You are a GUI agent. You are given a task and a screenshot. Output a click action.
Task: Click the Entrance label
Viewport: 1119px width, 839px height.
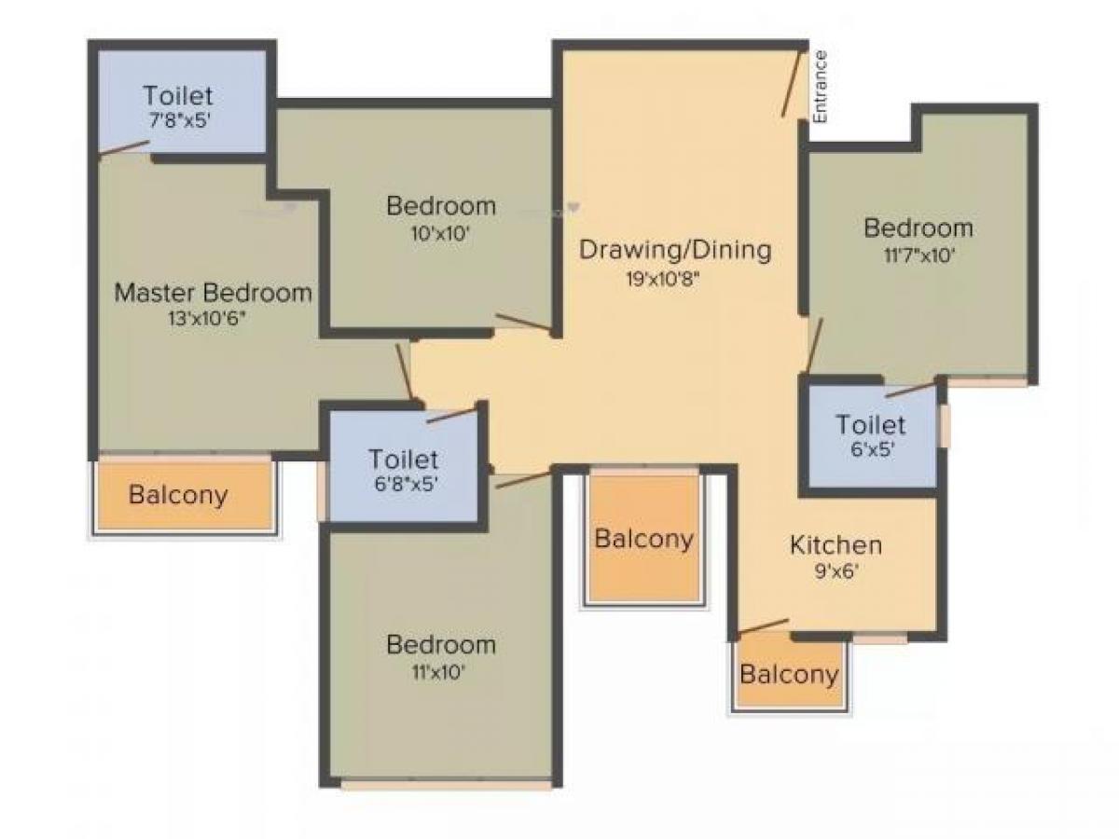point(820,86)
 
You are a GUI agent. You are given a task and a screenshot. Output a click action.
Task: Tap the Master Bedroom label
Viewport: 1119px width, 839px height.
point(213,293)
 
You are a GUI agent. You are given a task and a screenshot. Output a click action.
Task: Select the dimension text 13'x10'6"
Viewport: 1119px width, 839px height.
point(208,317)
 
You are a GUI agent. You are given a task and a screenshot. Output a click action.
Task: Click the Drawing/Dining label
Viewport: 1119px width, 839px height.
point(675,250)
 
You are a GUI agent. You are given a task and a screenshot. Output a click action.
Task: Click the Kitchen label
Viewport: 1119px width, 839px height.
point(836,544)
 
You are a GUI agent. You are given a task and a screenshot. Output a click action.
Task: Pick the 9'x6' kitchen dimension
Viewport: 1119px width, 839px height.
point(836,572)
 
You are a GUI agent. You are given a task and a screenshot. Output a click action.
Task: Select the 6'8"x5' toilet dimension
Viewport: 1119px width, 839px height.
point(403,484)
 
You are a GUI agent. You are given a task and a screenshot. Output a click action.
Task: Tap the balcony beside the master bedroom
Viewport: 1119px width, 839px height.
point(178,494)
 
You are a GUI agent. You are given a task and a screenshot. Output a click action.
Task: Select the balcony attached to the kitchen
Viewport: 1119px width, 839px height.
point(789,674)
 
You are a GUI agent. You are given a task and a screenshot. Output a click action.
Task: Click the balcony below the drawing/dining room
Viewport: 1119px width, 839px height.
point(644,539)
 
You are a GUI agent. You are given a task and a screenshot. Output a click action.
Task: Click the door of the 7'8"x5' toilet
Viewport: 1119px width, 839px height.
point(125,148)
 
